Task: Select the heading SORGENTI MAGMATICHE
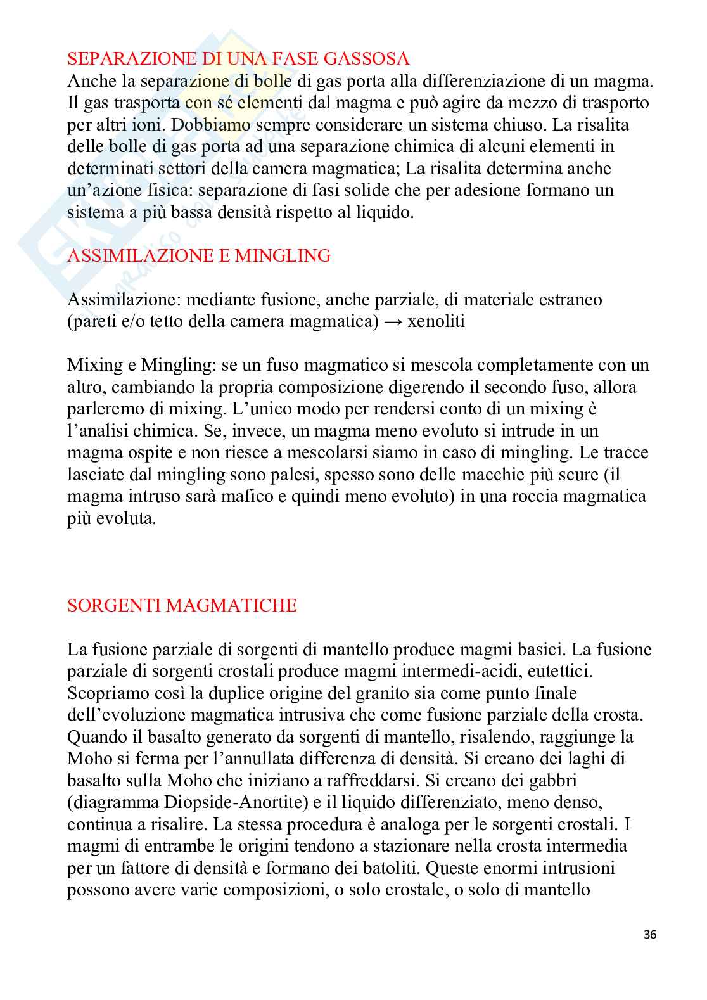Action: point(182,605)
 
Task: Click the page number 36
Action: point(649,934)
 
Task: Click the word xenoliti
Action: point(436,321)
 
